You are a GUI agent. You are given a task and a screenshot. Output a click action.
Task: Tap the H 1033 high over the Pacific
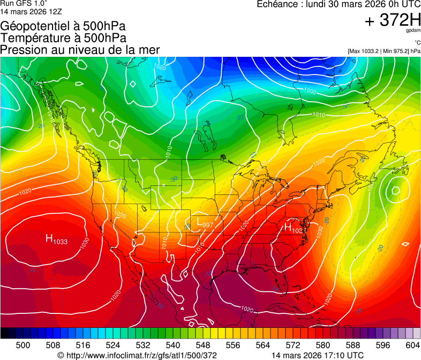click(56, 239)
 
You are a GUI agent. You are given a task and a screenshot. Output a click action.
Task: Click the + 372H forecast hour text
click(392, 20)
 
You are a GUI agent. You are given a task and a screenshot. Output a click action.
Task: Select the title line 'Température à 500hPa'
click(63, 38)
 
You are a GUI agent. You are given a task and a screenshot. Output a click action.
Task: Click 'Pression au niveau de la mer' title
click(80, 50)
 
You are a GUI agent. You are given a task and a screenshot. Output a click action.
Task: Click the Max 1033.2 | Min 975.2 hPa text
click(384, 51)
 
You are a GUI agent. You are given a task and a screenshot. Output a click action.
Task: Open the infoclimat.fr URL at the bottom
click(137, 355)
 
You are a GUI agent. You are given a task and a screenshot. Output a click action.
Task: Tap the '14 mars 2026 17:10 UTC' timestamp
click(318, 355)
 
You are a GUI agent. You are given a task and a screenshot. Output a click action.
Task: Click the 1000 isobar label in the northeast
click(310, 91)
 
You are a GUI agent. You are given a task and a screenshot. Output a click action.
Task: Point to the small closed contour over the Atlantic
click(396, 190)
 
